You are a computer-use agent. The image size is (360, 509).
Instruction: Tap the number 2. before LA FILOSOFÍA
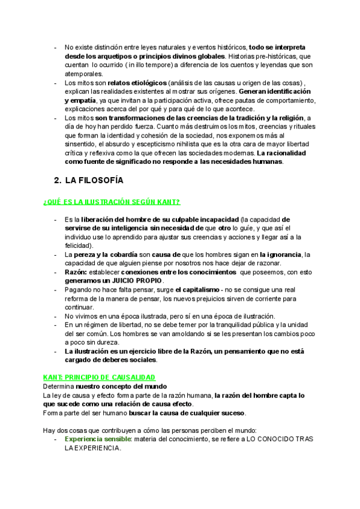click(58, 179)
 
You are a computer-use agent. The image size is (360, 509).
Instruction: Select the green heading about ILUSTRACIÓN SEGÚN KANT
click(112, 201)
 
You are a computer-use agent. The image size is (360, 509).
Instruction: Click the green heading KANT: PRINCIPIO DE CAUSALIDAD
click(99, 378)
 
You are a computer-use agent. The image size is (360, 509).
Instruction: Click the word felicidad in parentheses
click(79, 245)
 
